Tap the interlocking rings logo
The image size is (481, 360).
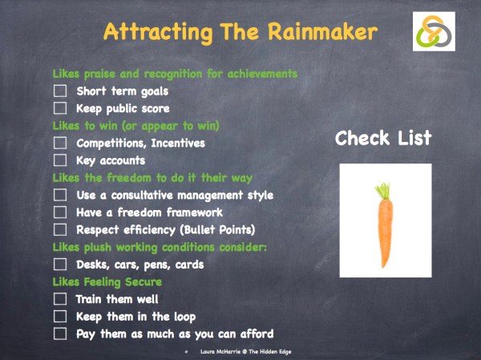tap(434, 32)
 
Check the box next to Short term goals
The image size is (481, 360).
tap(60, 91)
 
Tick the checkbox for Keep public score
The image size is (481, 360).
tap(60, 108)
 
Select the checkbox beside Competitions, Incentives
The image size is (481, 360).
tap(60, 144)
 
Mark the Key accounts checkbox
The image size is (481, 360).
tap(60, 160)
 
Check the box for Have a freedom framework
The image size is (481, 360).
tap(60, 212)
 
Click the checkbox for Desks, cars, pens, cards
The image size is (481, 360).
tap(60, 265)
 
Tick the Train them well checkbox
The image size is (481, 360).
tap(60, 299)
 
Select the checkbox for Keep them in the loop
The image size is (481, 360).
tap(60, 317)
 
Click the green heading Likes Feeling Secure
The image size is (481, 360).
tap(107, 282)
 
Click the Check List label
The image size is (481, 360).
tap(383, 138)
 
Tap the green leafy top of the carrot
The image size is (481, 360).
tap(383, 191)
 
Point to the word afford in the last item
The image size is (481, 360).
tap(254, 334)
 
